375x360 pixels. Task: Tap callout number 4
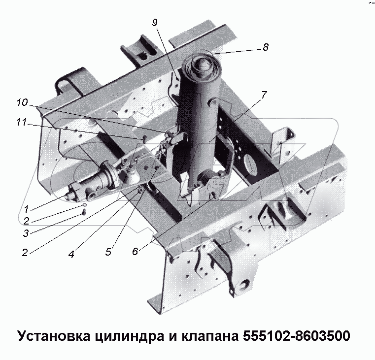(71, 255)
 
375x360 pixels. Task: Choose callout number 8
(266, 48)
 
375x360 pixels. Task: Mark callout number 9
(154, 22)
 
